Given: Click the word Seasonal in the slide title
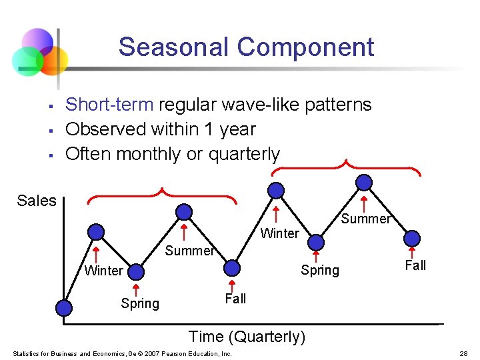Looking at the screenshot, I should click(174, 47).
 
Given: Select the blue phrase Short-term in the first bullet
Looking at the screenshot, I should click(110, 105).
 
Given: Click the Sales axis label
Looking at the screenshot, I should click(37, 201).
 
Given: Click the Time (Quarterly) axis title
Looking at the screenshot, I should click(247, 337).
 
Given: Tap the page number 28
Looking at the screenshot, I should click(463, 353).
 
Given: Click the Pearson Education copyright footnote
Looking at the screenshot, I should click(122, 353).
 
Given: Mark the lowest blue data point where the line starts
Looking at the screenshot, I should click(64, 307).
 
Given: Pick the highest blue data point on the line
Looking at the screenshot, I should click(364, 181).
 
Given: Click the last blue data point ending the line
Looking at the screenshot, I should click(413, 237).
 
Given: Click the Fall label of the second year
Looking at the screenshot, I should click(415, 265).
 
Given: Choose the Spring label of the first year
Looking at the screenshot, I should click(140, 303).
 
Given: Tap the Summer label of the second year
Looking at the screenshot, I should click(365, 219).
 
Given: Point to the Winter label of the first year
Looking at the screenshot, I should click(103, 270).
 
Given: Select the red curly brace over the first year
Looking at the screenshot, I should click(162, 195).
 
